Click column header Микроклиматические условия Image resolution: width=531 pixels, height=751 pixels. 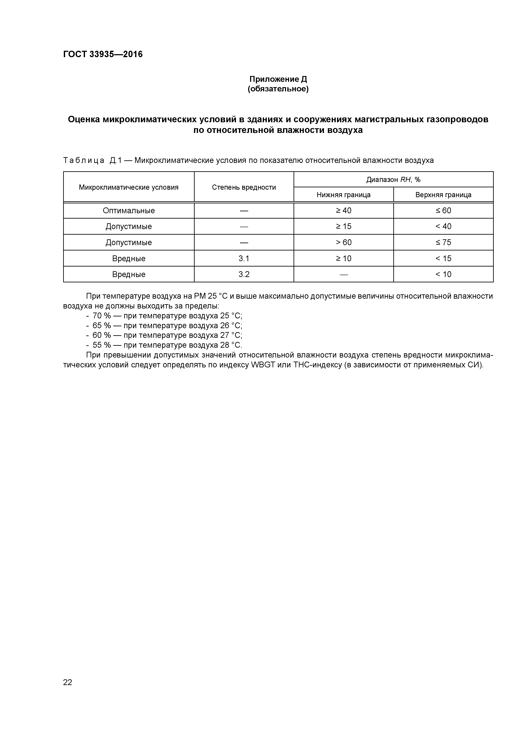coord(129,187)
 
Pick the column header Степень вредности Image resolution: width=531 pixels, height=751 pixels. coord(244,187)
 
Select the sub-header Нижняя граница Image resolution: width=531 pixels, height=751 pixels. coord(343,195)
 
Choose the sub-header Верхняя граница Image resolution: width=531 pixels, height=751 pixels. coord(443,195)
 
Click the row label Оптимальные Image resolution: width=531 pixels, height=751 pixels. coord(129,211)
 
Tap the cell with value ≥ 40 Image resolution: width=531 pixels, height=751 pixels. coord(343,211)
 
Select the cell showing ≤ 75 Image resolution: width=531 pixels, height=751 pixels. coord(443,242)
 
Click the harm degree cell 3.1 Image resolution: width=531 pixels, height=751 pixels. coord(244,258)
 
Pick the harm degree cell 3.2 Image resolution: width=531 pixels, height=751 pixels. coord(244,274)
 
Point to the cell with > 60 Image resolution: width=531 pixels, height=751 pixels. coord(343,242)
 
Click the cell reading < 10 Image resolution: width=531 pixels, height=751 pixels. coord(443,274)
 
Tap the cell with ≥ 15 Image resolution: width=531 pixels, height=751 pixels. coord(343,226)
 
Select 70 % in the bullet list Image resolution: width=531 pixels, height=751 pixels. coord(102,316)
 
